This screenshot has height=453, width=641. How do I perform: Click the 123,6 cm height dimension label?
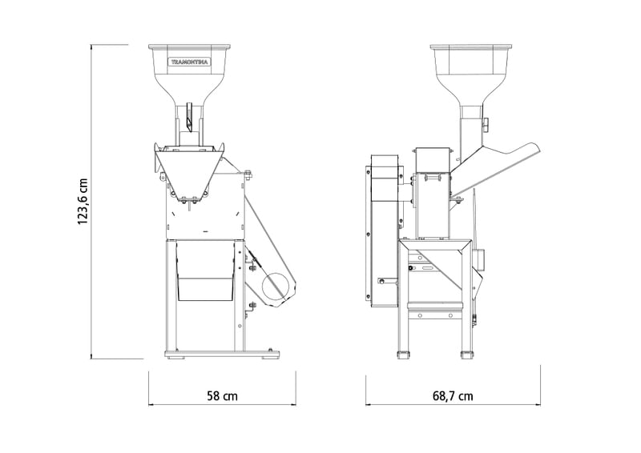point(83,202)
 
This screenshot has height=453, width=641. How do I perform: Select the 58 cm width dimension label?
point(222,395)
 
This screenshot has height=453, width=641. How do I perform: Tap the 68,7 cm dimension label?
point(453,395)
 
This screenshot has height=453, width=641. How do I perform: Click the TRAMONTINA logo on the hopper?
point(190,62)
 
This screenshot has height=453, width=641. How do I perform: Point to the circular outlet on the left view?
point(278,287)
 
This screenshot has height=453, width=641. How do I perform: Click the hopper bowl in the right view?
point(471,66)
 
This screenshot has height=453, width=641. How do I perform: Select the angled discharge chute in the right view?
point(497,166)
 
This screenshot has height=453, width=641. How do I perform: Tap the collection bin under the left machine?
point(204,271)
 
